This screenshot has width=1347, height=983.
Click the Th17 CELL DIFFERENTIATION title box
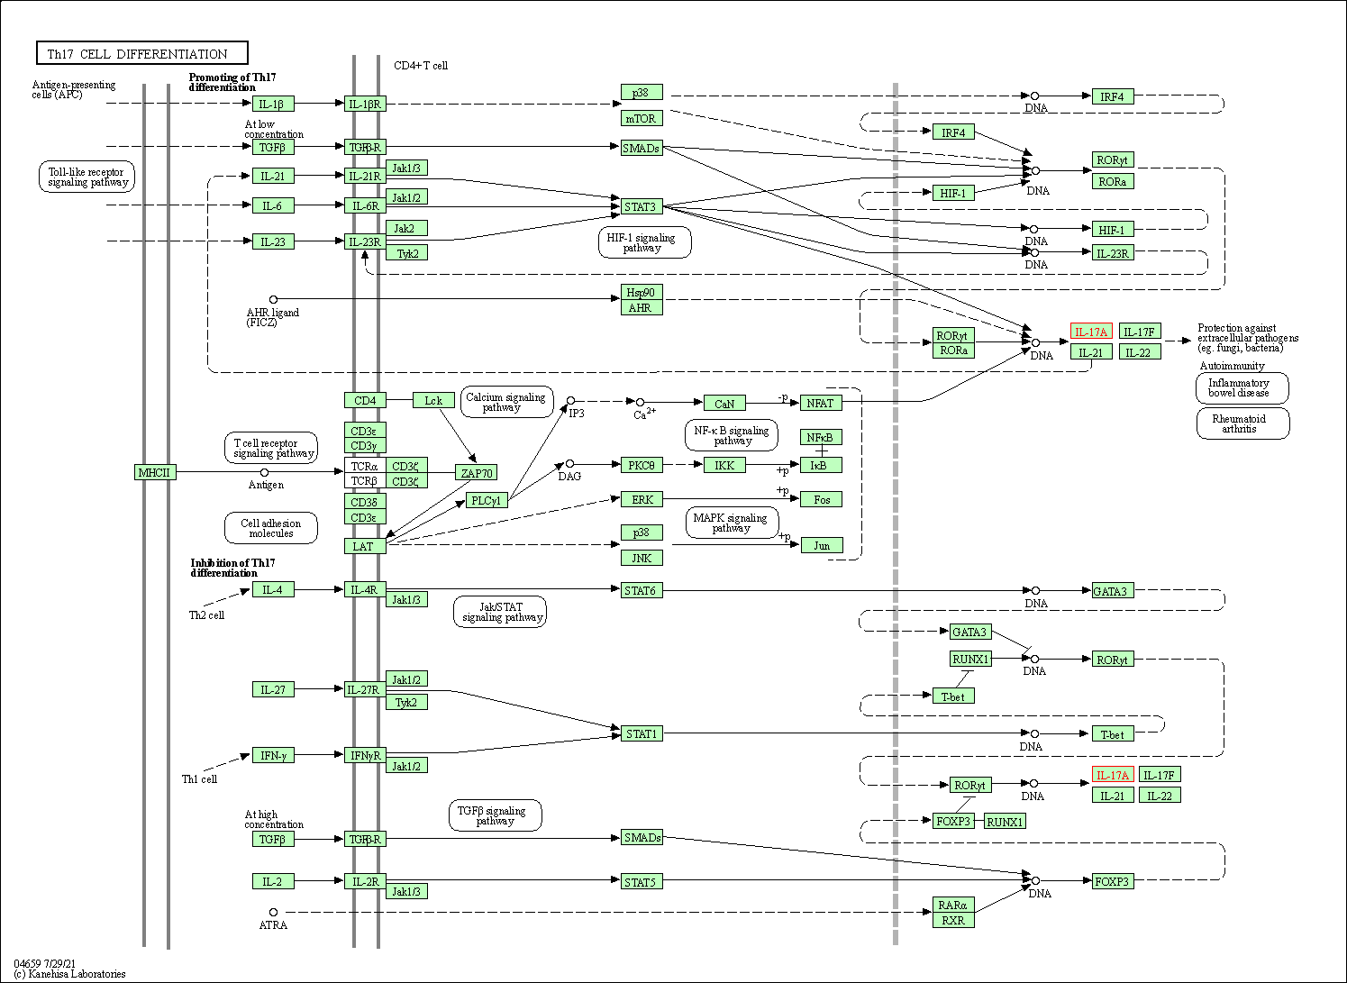141,53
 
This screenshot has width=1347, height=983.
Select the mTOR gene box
641,118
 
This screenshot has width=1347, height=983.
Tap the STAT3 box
641,206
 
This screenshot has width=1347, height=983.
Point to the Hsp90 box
641,292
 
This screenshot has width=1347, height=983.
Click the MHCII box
154,472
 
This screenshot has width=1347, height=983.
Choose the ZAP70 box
476,472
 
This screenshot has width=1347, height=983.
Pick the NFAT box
820,403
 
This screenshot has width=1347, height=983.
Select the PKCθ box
641,465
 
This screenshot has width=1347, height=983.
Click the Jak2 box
405,228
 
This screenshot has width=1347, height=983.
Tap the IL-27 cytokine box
272,689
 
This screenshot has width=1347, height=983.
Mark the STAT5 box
641,881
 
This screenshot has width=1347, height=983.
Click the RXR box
953,920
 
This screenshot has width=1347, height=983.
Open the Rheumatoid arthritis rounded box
1242,423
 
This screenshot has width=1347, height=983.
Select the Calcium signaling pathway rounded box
505,402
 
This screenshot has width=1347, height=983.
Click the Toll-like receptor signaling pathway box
87,177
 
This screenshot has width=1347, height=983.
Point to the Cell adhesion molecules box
271,528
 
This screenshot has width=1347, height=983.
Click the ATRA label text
273,925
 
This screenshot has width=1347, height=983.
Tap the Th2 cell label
206,615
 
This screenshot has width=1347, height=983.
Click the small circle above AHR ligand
273,299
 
